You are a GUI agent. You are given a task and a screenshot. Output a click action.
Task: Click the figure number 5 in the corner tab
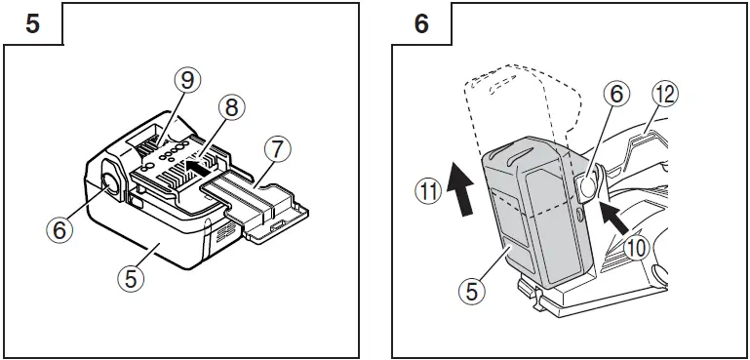(32, 23)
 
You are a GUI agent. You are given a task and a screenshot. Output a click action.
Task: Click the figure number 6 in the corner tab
(421, 23)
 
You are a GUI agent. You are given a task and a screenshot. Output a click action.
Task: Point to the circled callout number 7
(278, 151)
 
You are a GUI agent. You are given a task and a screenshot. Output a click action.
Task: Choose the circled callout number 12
(666, 95)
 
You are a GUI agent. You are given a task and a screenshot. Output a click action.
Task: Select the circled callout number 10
(635, 248)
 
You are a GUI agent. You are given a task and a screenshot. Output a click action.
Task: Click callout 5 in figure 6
(472, 290)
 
